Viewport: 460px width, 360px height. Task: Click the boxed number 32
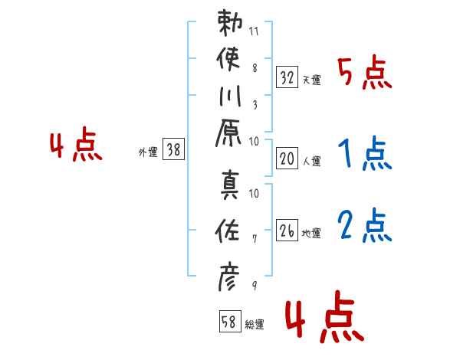coord(287,77)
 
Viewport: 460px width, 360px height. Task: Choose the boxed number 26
coord(287,231)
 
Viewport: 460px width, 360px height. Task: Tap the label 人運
coord(312,161)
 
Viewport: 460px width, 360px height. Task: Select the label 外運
coord(148,152)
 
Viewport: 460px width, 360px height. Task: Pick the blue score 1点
coord(364,154)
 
